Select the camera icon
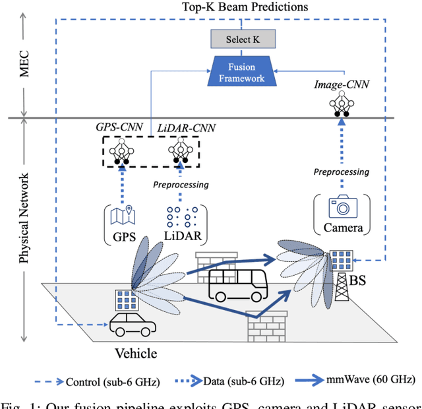(x=343, y=207)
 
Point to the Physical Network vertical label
(x=25, y=218)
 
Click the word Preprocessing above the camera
(x=342, y=172)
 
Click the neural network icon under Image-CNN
(x=341, y=103)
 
